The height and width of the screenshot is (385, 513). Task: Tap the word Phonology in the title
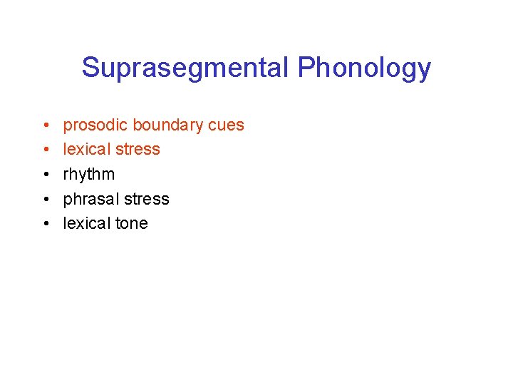point(364,68)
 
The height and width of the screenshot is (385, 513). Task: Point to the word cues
point(226,125)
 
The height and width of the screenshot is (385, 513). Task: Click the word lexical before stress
point(86,150)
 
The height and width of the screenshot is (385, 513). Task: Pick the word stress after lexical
point(137,150)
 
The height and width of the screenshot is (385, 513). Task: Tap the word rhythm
point(89,175)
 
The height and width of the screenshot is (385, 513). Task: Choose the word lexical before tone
point(86,223)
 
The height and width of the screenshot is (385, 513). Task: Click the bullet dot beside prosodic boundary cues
point(45,126)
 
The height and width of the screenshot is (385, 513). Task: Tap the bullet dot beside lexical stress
point(45,150)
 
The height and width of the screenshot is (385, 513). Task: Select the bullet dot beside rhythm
point(45,175)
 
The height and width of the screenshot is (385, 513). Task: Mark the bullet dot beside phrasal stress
point(45,200)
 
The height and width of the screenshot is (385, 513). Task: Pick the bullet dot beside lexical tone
point(45,224)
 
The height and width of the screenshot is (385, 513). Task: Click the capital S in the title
point(90,68)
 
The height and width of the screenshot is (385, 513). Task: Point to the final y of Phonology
point(425,71)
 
